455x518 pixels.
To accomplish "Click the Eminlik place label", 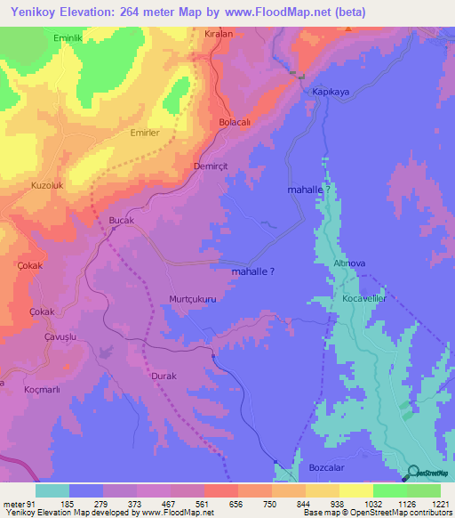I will [x=43, y=38].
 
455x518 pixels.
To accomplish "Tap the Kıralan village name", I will [x=219, y=32].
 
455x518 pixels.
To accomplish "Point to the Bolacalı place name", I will [x=237, y=124].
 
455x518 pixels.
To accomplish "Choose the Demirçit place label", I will [x=212, y=166].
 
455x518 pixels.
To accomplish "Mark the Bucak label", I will [x=120, y=219].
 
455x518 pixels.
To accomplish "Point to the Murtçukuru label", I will [x=193, y=300].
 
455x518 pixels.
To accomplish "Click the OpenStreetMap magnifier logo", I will [x=411, y=473].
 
